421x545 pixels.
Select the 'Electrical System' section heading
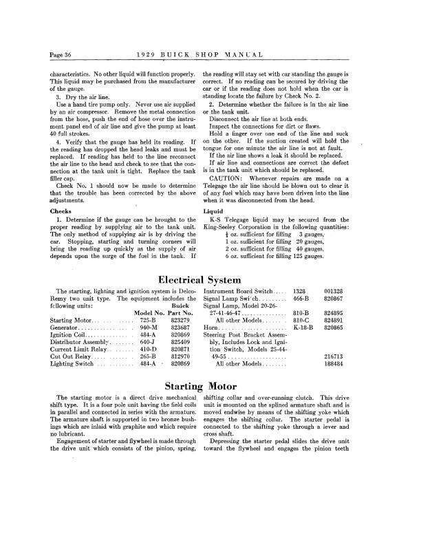coord(210,279)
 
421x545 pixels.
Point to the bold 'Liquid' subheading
coord(213,210)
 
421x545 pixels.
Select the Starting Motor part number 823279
coord(180,320)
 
